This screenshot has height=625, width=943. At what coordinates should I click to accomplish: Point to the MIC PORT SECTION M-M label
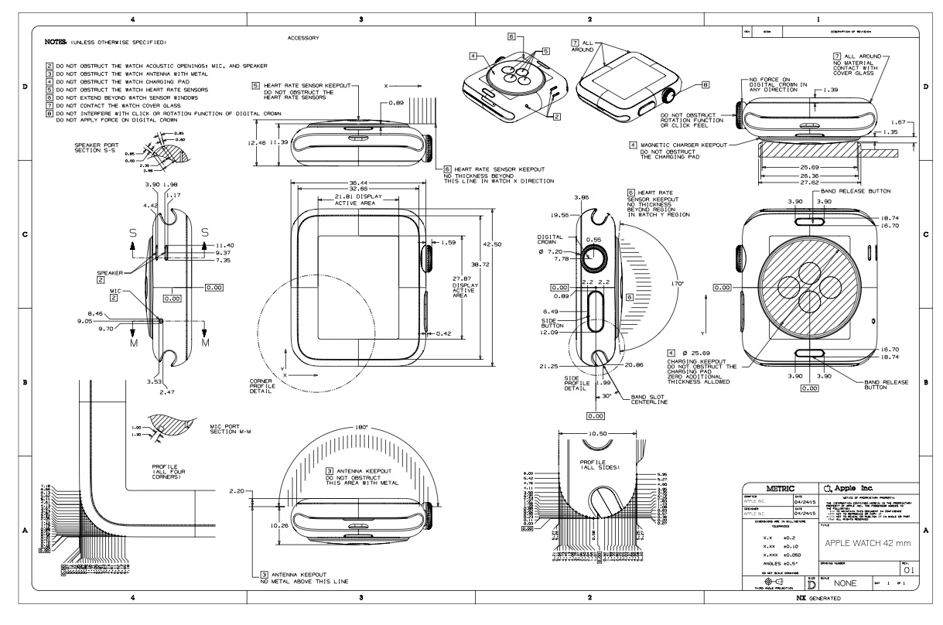click(231, 429)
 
